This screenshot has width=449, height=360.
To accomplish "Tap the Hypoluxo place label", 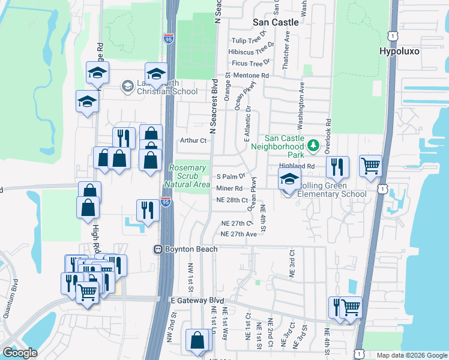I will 399,52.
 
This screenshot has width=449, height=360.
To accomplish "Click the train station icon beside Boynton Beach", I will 159,249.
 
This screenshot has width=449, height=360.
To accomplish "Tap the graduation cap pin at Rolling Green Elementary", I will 289,180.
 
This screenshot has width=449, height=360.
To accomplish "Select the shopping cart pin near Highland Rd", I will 370,166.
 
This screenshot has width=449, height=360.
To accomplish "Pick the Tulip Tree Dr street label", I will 253,42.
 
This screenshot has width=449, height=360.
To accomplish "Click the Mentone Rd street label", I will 252,76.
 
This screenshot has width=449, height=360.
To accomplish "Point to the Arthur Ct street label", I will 193,141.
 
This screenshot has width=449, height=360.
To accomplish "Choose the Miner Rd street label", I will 229,189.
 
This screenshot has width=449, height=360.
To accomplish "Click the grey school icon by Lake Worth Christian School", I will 127,86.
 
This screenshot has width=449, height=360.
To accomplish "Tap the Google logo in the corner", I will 20,353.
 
